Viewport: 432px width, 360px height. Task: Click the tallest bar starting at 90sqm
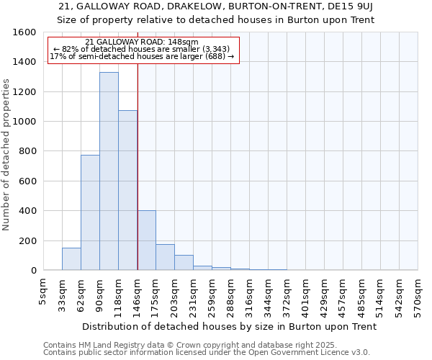click(109, 171)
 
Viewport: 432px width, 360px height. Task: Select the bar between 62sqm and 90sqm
click(90, 212)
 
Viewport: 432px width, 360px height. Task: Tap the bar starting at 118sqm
click(127, 190)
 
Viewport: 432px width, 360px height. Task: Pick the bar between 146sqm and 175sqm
click(146, 240)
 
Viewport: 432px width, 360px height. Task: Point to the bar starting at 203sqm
click(184, 263)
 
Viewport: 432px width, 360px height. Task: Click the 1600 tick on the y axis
click(24, 32)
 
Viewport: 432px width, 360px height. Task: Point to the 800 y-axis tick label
click(27, 151)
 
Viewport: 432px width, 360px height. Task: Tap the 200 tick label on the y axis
click(27, 240)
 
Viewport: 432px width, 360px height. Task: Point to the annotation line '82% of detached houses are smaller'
click(140, 49)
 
